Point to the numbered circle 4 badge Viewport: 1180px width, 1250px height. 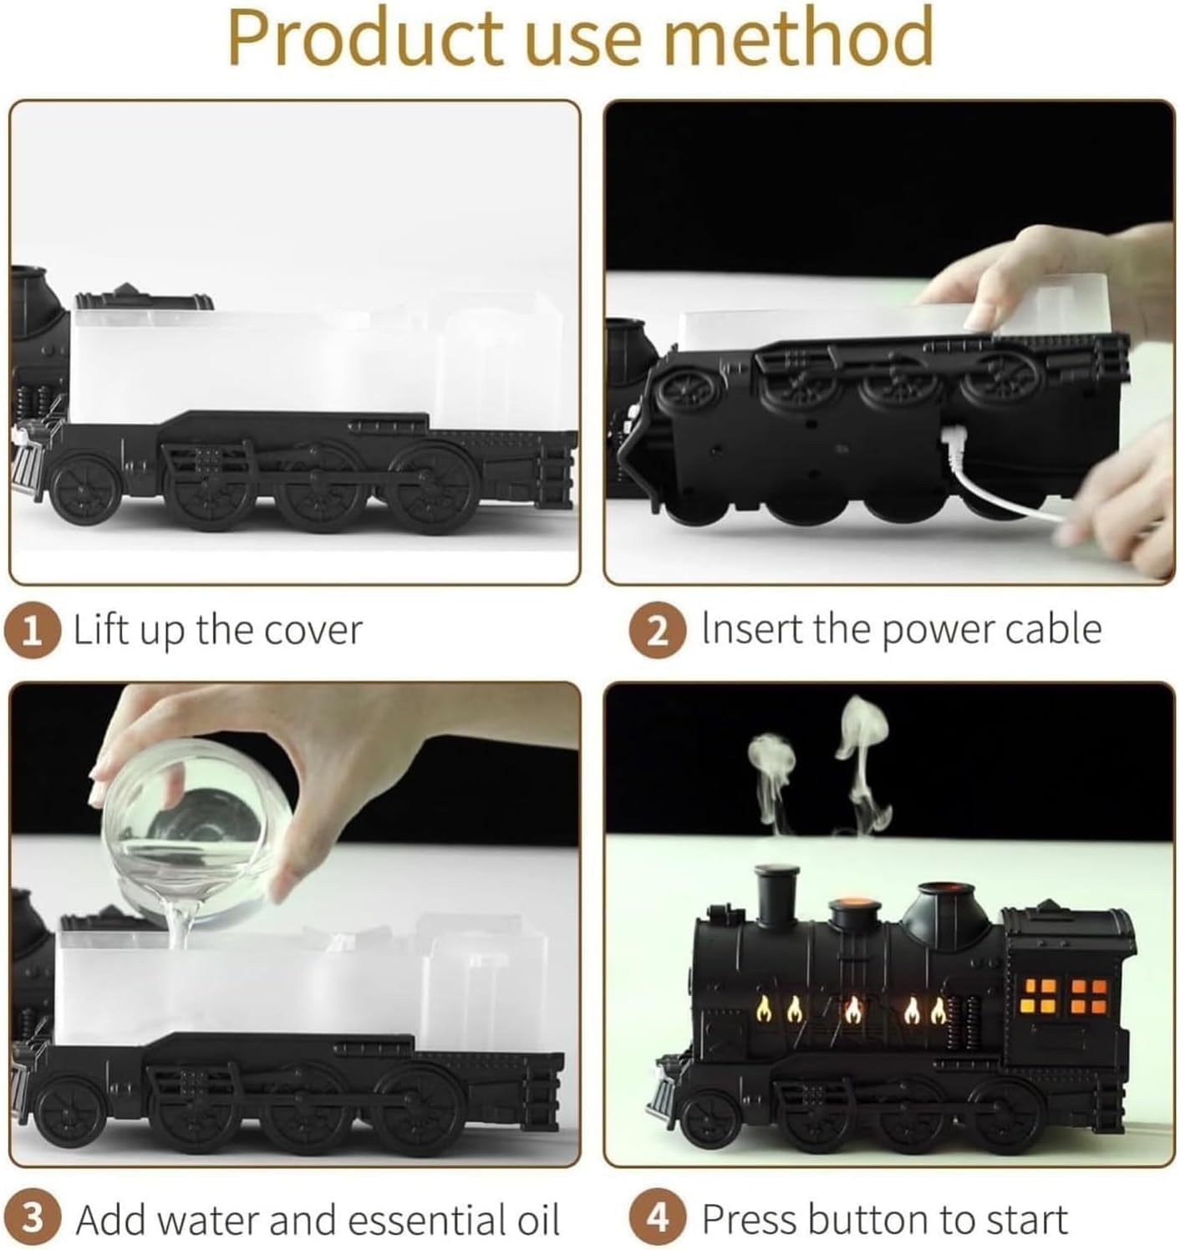658,1219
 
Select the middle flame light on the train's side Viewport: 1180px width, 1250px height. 852,1011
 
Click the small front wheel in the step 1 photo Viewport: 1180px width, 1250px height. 84,489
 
